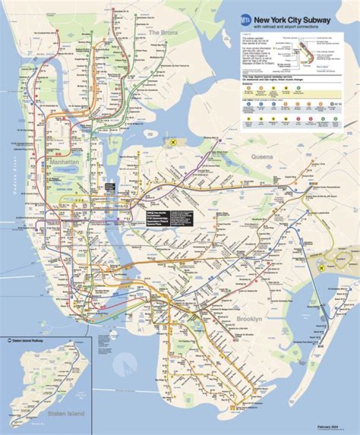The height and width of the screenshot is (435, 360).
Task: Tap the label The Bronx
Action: click(x=160, y=32)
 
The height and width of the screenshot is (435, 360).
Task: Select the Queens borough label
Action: click(x=262, y=156)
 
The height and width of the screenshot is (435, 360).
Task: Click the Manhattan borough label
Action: click(x=64, y=163)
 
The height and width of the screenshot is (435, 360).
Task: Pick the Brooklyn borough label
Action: click(x=249, y=319)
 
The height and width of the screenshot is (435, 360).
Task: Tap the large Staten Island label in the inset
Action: click(x=66, y=413)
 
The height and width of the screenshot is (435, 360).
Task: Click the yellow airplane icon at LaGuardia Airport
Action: click(x=173, y=143)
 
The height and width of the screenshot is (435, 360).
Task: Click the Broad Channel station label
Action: click(x=313, y=306)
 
